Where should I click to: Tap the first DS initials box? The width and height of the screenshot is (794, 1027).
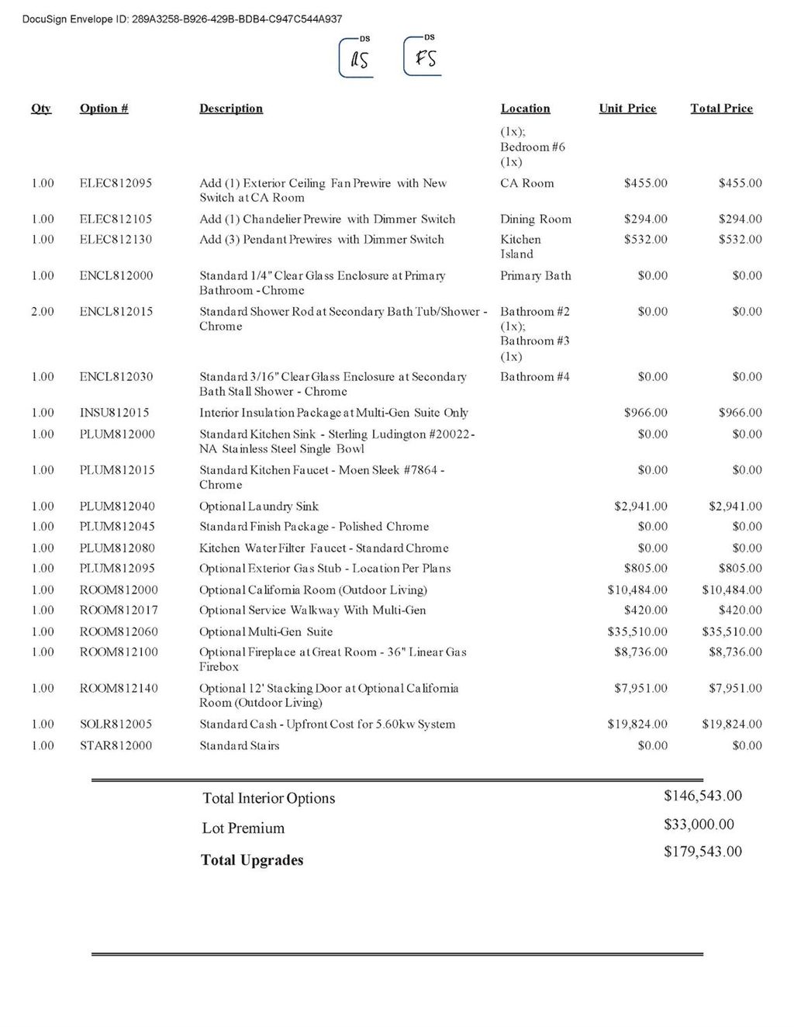(x=357, y=58)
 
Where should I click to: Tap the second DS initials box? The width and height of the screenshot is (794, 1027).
(x=423, y=57)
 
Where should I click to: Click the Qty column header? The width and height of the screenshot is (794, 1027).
(x=41, y=109)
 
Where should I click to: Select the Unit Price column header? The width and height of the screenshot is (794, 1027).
(x=627, y=109)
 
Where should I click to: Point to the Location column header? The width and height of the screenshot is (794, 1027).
(x=525, y=109)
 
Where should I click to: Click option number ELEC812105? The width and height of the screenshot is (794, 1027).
(x=116, y=219)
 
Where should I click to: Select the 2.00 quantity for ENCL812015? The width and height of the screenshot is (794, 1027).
(x=43, y=311)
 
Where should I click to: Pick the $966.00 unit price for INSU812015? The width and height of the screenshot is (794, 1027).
(x=645, y=413)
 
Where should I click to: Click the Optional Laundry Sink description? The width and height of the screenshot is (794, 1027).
(x=259, y=507)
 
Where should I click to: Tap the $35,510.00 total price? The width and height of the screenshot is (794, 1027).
(x=731, y=631)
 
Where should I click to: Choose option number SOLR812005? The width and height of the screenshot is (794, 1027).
(x=116, y=724)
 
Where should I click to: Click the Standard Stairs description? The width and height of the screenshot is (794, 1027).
(x=239, y=745)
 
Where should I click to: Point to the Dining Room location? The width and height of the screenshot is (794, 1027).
(x=535, y=219)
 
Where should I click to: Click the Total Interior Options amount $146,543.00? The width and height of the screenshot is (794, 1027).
(x=703, y=796)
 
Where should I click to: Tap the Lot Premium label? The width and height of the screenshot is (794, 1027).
(x=243, y=828)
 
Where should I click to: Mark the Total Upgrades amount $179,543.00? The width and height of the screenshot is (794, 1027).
(x=703, y=852)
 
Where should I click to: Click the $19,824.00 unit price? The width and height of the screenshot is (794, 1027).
(x=637, y=724)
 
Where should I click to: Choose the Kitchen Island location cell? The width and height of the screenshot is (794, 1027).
(x=520, y=247)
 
